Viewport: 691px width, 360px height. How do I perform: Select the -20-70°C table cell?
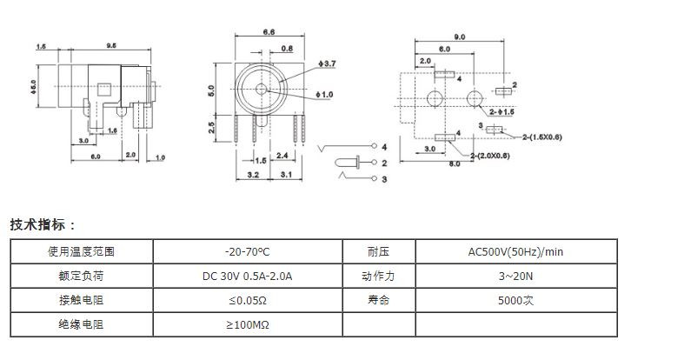(247, 251)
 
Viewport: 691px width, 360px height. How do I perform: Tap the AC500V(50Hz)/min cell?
(515, 251)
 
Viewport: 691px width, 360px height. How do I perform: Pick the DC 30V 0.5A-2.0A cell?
(247, 277)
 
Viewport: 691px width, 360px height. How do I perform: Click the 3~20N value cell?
(515, 277)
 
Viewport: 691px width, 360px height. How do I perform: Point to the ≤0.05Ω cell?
(247, 301)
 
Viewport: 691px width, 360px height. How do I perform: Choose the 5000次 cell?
(515, 301)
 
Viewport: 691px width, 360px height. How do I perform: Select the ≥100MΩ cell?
(247, 324)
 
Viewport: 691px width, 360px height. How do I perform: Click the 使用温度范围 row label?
(81, 251)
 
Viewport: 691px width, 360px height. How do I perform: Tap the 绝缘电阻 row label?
(81, 324)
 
